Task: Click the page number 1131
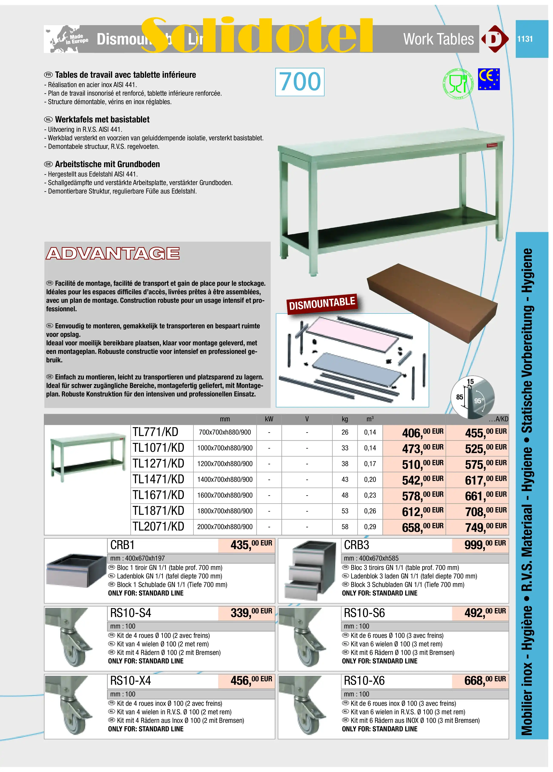coord(525,39)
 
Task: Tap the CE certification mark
coord(488,79)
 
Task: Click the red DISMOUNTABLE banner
coord(322,303)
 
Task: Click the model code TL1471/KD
coord(158,479)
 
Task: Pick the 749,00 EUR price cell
coord(486,527)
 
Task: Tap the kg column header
coord(345,419)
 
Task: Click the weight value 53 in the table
coord(345,511)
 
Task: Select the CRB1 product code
coord(123,545)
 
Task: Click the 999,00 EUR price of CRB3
coord(485,545)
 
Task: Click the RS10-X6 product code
coord(364,681)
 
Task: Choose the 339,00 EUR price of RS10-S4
coord(251,613)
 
